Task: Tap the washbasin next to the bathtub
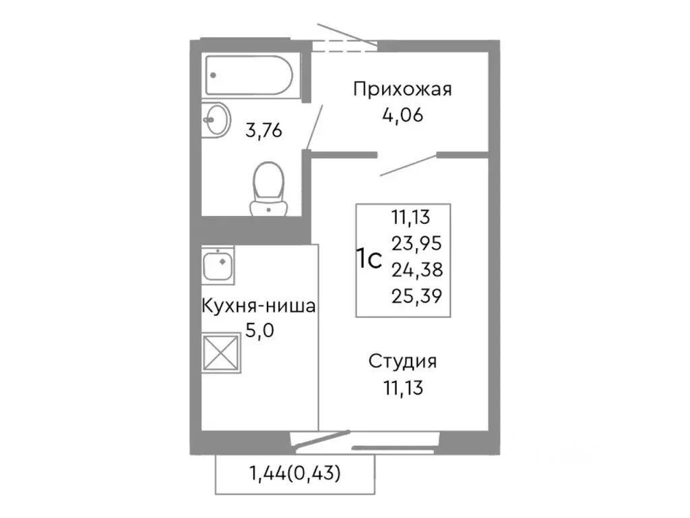click(215, 119)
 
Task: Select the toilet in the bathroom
click(268, 188)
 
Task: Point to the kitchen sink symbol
click(218, 264)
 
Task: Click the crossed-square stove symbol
click(221, 351)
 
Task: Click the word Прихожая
click(402, 90)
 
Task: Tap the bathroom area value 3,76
click(263, 130)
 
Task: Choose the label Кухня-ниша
click(259, 308)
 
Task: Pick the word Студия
click(402, 362)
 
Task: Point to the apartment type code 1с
click(369, 259)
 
